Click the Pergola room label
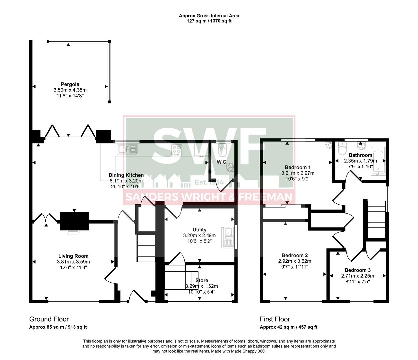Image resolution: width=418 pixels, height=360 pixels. tap(70, 84)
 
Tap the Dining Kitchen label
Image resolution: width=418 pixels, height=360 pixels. tap(126, 175)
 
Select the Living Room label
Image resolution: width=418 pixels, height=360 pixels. tap(73, 256)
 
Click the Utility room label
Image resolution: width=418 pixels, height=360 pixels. tap(199, 230)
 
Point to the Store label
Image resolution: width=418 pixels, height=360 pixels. tap(202, 280)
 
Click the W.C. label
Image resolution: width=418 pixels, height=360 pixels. tap(222, 162)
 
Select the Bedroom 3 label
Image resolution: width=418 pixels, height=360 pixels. tap(357, 270)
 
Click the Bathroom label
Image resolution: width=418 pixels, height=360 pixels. tap(360, 155)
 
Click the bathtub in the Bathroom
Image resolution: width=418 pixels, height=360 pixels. tap(379, 163)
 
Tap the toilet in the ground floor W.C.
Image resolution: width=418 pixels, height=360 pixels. tap(222, 151)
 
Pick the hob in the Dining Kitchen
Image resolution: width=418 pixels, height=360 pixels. tap(177, 149)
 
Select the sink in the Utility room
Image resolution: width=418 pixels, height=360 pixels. tap(228, 237)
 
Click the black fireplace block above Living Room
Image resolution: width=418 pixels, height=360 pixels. tap(74, 221)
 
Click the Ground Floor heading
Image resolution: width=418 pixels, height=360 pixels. tap(49, 319)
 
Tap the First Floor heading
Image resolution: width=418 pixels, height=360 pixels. tap(275, 319)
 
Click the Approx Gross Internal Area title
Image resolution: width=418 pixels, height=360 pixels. tap(209, 16)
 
